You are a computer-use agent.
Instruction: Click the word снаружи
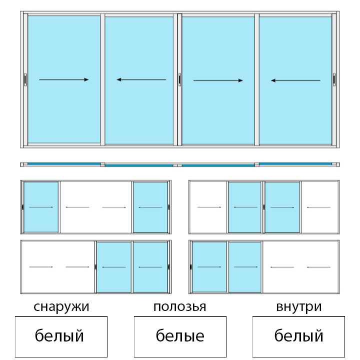coord(61,307)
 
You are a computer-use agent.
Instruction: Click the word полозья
coord(180,306)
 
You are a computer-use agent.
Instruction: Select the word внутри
coord(298,307)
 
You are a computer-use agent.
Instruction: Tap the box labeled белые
coord(180,336)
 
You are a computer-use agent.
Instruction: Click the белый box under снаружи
coord(61,336)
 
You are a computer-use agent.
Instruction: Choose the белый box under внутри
coord(298,336)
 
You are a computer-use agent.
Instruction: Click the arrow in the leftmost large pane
coord(64,79)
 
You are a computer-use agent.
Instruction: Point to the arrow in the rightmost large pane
coord(295,80)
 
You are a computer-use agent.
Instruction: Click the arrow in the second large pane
coord(141,79)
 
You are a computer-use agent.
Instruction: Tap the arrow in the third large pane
coord(218,80)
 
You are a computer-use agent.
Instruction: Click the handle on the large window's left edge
coord(25,79)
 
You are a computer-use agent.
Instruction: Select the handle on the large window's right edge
coord(334,79)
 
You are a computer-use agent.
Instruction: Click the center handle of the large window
coord(179,79)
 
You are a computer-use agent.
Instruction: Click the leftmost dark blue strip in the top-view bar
coord(64,163)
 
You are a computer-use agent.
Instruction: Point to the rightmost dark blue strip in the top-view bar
coord(295,163)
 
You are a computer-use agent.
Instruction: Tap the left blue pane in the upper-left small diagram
coord(41,207)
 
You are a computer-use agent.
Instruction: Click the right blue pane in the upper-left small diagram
coord(150,207)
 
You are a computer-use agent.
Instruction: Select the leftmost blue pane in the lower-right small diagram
coord(209,267)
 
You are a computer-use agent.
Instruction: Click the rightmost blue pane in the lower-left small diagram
coord(150,267)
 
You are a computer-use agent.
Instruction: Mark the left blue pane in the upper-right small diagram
coord(244,207)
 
